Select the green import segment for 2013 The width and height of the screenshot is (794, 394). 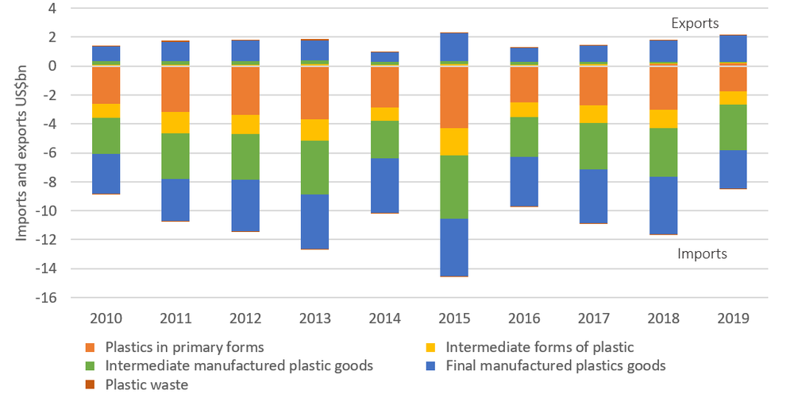315,167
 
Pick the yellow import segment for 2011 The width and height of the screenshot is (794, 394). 175,122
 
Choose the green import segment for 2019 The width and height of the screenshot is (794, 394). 734,127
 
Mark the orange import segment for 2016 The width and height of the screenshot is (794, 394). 524,84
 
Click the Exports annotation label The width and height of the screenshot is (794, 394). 695,24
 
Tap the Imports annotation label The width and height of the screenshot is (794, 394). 702,254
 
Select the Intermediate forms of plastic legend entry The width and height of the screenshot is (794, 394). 540,347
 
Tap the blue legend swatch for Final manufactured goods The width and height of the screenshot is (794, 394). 433,366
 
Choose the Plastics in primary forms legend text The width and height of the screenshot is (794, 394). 184,347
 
